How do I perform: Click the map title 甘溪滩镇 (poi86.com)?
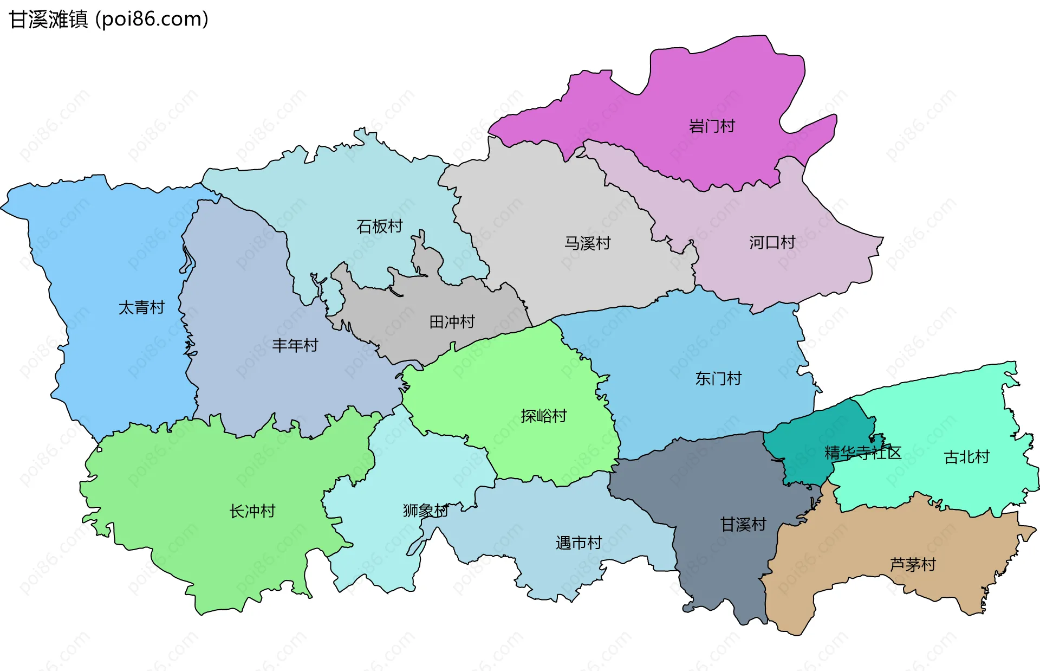click(x=108, y=20)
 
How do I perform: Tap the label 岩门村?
click(x=711, y=126)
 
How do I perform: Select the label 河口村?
click(x=772, y=242)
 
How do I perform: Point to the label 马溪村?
click(x=587, y=243)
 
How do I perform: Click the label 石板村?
click(x=379, y=226)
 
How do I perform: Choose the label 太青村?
click(x=141, y=307)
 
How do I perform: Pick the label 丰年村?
click(x=295, y=345)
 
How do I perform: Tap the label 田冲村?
click(x=452, y=322)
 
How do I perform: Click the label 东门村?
click(x=718, y=378)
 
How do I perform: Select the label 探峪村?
click(x=543, y=416)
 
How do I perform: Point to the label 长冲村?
click(x=252, y=511)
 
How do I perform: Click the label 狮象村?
click(x=425, y=510)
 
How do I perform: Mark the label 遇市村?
click(x=578, y=543)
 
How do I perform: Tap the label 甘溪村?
click(x=743, y=524)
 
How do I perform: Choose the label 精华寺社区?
click(x=862, y=453)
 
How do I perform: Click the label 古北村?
click(x=966, y=457)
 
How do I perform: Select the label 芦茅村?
click(x=912, y=564)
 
